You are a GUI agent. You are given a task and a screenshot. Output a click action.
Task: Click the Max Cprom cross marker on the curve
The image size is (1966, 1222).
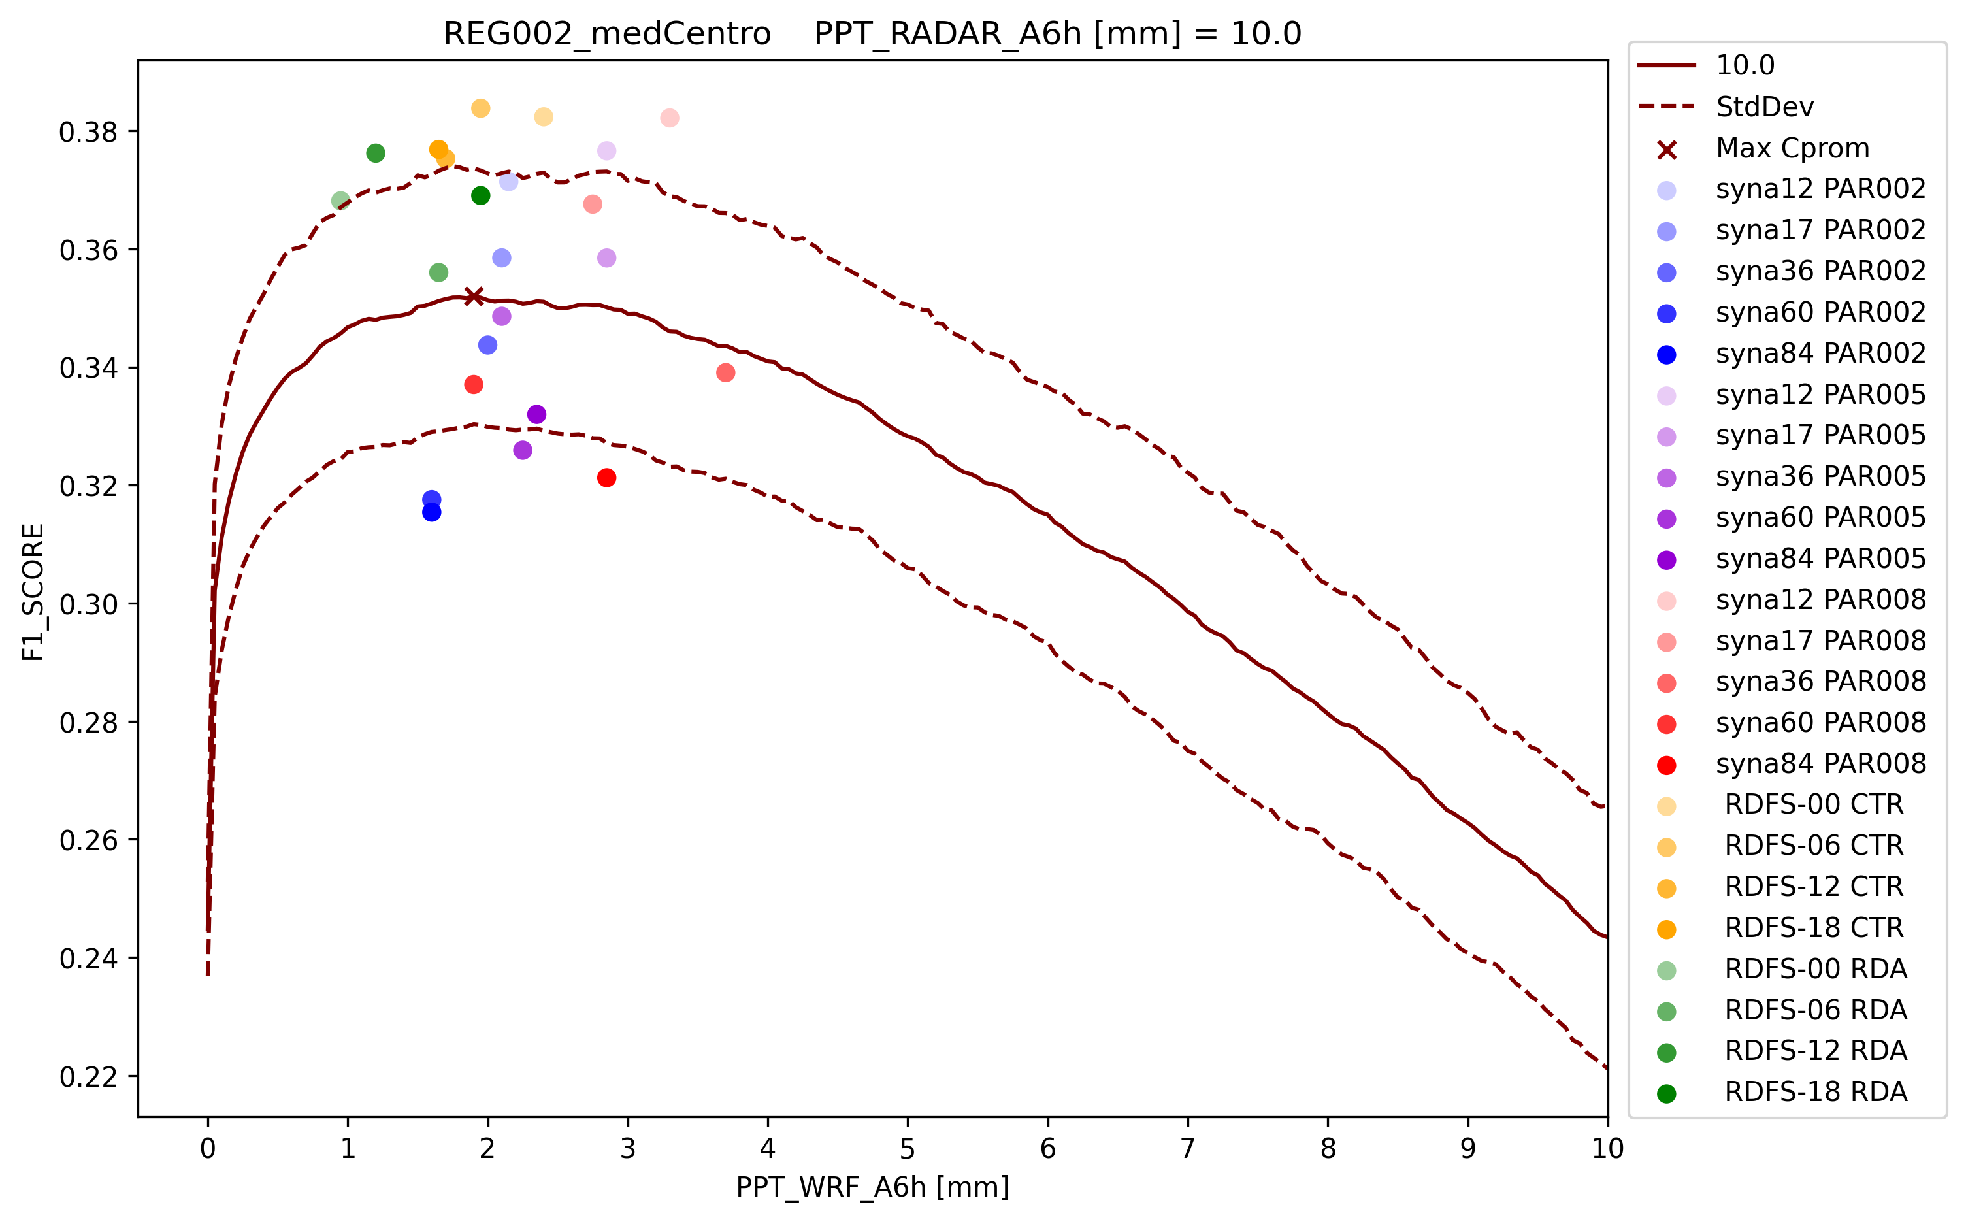(474, 296)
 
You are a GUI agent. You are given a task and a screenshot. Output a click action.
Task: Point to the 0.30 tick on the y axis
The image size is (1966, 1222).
(88, 604)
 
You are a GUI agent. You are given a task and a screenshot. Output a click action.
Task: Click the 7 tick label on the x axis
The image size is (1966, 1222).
(1188, 1148)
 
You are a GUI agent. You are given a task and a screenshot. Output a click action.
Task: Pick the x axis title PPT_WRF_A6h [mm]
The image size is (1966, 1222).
(872, 1187)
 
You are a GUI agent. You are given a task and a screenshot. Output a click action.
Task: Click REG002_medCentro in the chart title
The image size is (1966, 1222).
(607, 34)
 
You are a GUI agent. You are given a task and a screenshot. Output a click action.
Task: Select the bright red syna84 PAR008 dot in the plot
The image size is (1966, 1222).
(607, 478)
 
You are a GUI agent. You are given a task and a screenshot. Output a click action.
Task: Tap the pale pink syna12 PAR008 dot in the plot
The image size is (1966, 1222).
(669, 118)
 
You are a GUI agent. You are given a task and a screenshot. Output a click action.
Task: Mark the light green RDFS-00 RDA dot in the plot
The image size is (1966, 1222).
(341, 201)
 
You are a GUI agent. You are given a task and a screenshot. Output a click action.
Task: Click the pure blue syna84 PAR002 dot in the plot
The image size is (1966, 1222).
(431, 512)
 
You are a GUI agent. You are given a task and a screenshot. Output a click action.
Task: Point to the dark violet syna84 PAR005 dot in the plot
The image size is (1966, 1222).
(536, 414)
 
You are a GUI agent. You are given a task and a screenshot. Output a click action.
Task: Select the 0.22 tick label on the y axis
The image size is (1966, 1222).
(88, 1076)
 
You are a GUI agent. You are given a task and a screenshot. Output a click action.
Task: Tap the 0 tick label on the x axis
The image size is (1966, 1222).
(208, 1148)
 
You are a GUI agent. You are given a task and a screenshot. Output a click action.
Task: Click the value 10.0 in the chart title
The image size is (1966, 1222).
(1266, 34)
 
